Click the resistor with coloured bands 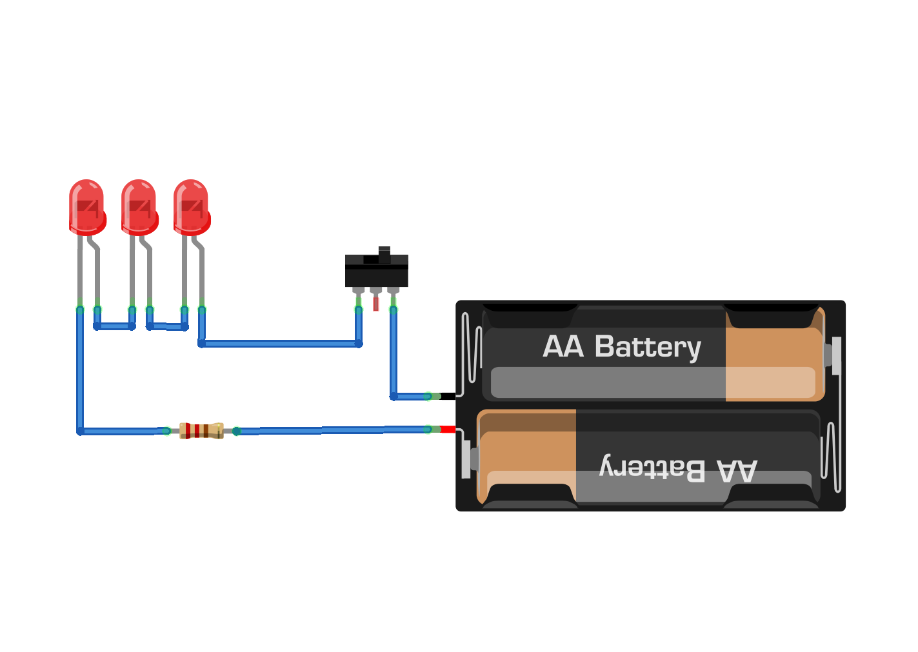point(201,430)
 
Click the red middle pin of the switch point(376,303)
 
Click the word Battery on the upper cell point(647,347)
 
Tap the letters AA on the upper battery point(563,346)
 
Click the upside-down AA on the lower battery point(737,471)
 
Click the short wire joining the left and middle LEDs point(115,326)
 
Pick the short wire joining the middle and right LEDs point(167,327)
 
